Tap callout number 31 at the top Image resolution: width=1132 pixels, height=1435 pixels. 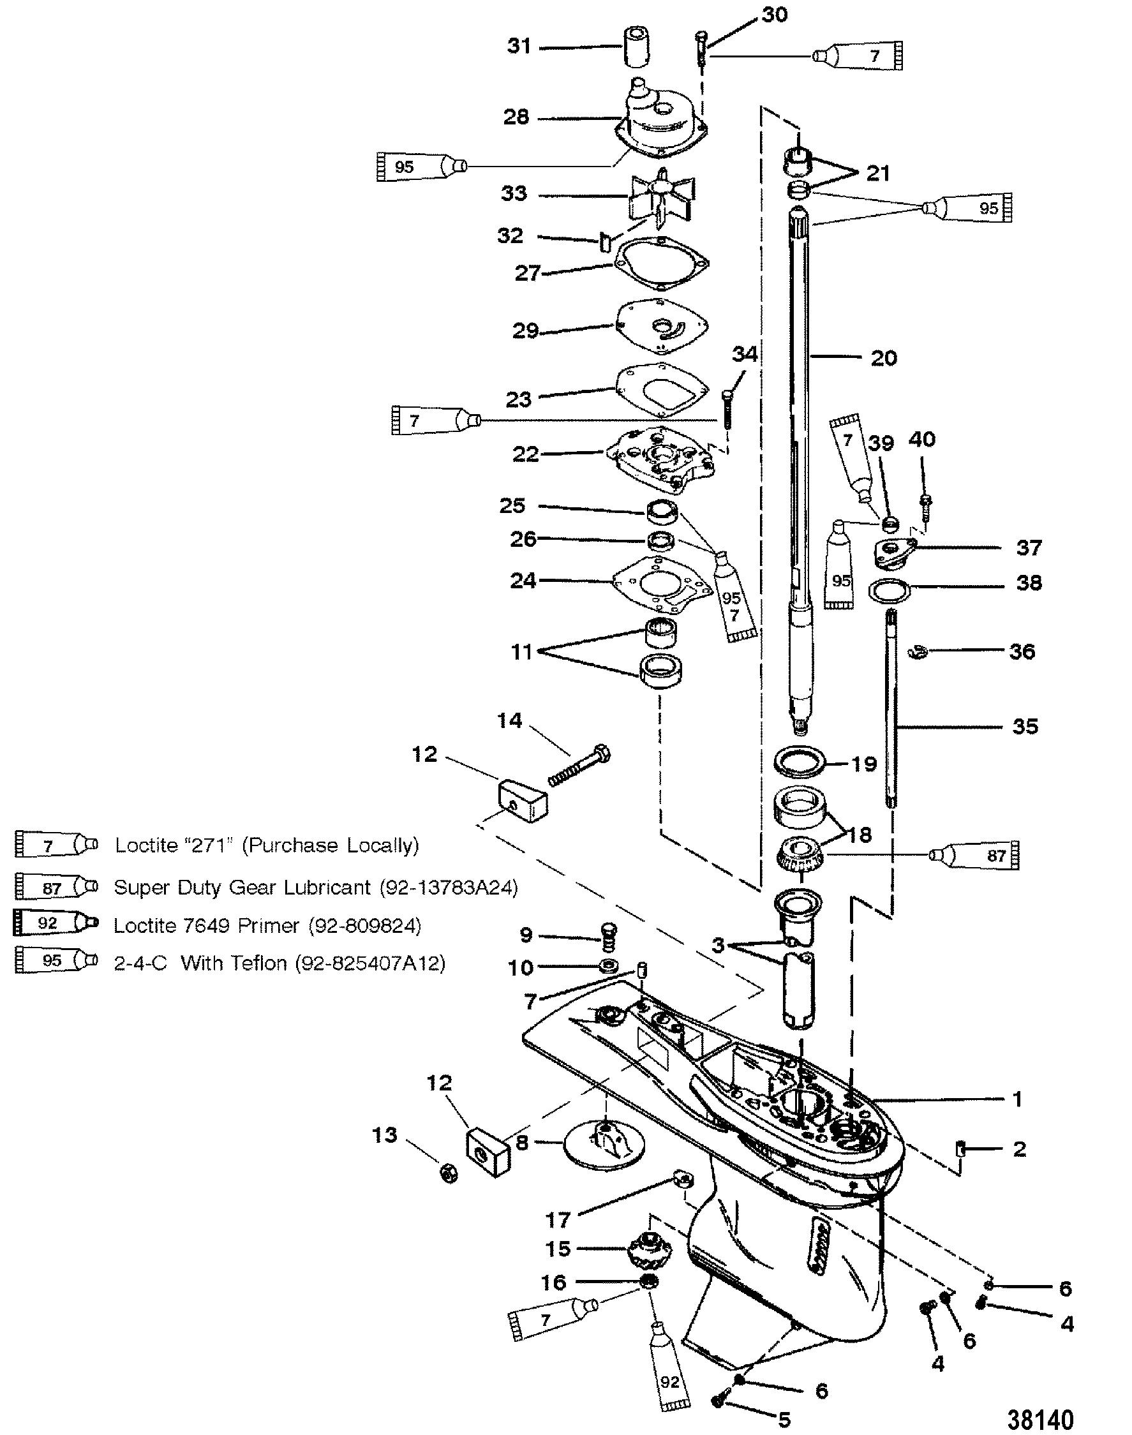pyautogui.click(x=519, y=47)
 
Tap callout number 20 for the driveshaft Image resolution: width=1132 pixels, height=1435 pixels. pyautogui.click(x=884, y=359)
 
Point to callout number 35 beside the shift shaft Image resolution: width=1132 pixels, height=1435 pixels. pyautogui.click(x=1025, y=727)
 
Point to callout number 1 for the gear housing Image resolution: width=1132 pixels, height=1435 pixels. pyautogui.click(x=1018, y=1099)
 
